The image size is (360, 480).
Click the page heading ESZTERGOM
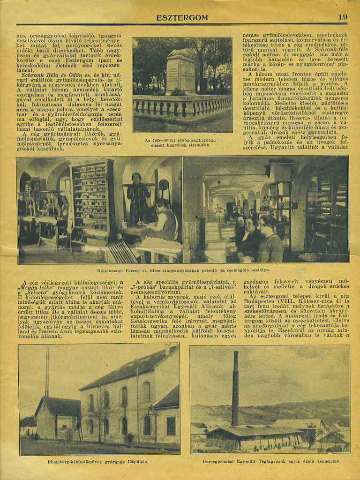(182, 18)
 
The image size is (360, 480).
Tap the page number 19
(343, 17)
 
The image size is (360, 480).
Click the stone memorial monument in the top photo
(180, 71)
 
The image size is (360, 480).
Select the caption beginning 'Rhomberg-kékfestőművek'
(98, 462)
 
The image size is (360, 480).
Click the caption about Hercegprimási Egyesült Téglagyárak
(271, 461)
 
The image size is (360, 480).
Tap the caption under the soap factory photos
(183, 270)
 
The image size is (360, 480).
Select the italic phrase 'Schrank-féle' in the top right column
(330, 49)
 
